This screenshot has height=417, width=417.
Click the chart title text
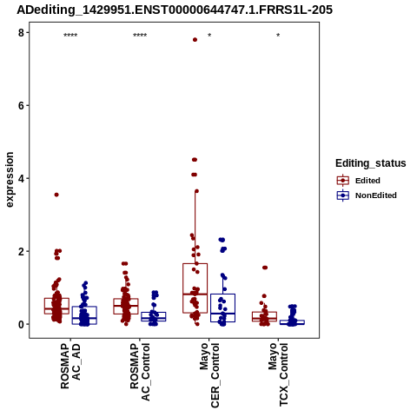(175, 10)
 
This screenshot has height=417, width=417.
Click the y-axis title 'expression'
(10, 180)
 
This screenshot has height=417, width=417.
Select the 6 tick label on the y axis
(21, 106)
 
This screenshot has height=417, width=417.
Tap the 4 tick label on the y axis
(21, 179)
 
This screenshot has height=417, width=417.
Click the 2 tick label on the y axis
(21, 251)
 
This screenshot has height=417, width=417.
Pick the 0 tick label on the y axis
(21, 324)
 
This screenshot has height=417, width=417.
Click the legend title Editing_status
(371, 163)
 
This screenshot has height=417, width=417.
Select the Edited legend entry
(358, 181)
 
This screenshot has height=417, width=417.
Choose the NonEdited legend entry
(367, 195)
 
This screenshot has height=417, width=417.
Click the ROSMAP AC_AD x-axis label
(70, 366)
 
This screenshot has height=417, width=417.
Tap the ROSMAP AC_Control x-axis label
(140, 372)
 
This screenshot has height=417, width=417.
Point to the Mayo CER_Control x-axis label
(209, 375)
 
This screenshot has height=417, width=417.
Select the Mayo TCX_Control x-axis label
(278, 374)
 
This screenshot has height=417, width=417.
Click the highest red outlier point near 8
(195, 40)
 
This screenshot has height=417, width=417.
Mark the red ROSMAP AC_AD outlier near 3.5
(56, 195)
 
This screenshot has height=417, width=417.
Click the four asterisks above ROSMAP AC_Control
(140, 36)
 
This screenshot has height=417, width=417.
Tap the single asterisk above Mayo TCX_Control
(278, 36)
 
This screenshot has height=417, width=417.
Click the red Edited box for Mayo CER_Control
(195, 263)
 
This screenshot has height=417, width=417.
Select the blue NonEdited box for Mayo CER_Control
(222, 295)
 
